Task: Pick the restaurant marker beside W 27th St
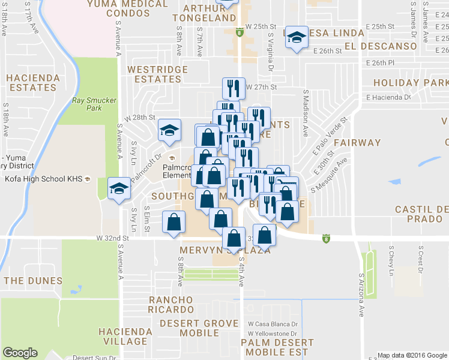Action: coord(232,88)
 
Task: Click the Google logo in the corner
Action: coord(20,353)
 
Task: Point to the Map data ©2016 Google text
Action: coord(412,355)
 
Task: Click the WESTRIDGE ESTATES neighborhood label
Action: coord(158,74)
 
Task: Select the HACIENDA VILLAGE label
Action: coord(122,336)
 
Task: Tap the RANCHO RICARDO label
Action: coord(171,304)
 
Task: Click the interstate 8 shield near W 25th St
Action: coord(239,34)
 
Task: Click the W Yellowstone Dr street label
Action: coord(273,333)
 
